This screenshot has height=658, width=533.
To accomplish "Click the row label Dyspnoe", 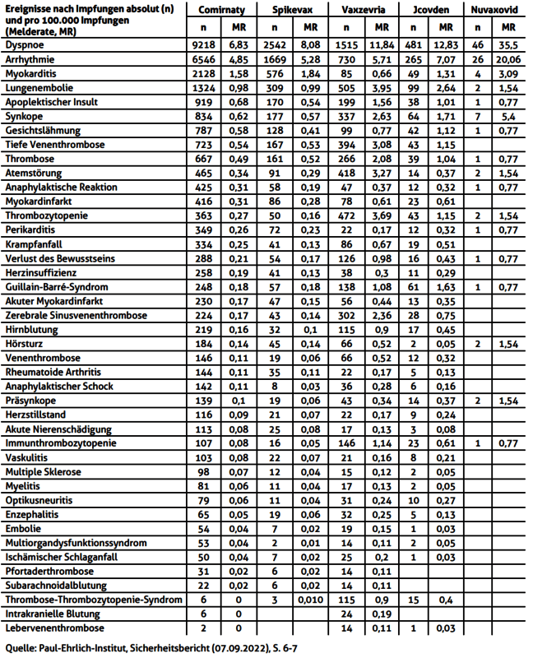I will point(25,46).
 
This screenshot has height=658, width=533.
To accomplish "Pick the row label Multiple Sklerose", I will point(44,473).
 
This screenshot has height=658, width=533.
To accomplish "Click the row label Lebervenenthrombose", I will point(53,628).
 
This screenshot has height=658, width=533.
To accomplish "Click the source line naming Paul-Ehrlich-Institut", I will point(152,647).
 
